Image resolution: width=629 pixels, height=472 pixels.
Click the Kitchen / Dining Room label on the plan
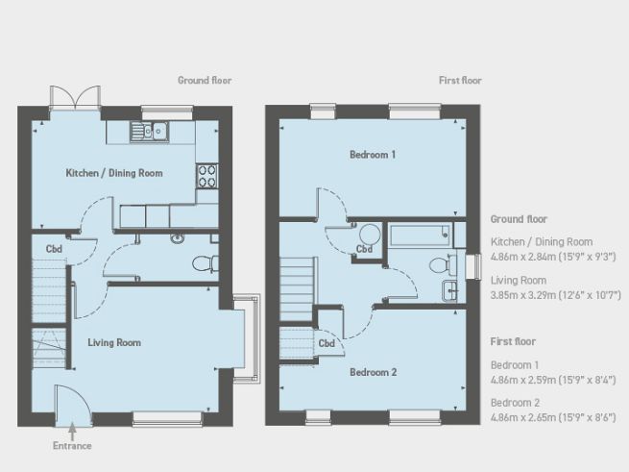[x=113, y=174]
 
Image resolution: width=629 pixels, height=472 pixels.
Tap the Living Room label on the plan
[x=114, y=342]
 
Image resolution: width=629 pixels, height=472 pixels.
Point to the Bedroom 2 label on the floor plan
[x=374, y=372]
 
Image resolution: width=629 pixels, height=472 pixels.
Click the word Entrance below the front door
[x=73, y=446]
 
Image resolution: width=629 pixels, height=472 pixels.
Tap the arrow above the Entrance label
[x=73, y=431]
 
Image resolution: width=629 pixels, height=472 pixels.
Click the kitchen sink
[x=153, y=131]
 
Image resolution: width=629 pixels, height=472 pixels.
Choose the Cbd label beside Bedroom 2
[x=327, y=343]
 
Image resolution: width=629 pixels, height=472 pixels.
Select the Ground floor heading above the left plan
[x=205, y=81]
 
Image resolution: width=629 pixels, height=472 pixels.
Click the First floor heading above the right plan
[x=460, y=81]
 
